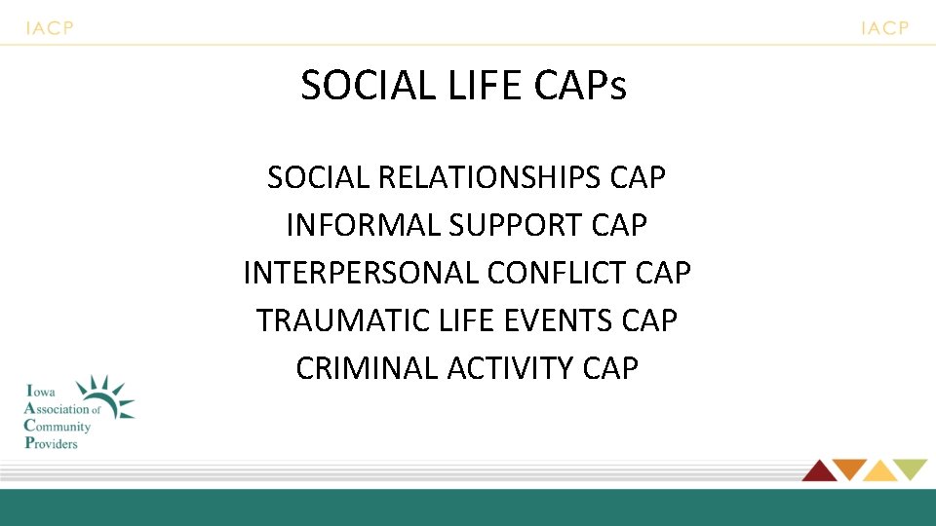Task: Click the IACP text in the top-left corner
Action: pyautogui.click(x=49, y=28)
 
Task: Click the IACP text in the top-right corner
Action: pyautogui.click(x=884, y=28)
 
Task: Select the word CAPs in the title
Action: pyautogui.click(x=580, y=86)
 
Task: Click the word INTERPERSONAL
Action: pyautogui.click(x=361, y=274)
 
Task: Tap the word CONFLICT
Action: pyautogui.click(x=558, y=274)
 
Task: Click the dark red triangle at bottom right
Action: pyautogui.click(x=818, y=470)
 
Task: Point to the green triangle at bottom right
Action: pyautogui.click(x=911, y=469)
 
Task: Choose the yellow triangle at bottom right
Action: pyautogui.click(x=879, y=471)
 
